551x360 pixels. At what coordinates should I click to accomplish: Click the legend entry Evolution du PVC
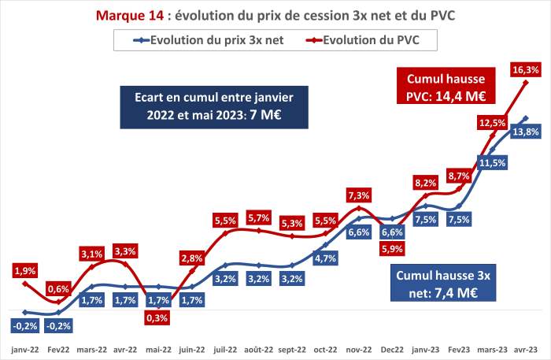click(363, 40)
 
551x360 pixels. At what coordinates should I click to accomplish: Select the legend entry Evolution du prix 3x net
click(209, 40)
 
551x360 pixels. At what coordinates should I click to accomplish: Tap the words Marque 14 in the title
click(130, 16)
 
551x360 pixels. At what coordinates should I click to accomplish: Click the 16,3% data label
click(525, 70)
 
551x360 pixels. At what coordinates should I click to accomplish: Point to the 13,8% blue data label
click(525, 132)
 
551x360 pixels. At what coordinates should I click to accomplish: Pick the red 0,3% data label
click(157, 317)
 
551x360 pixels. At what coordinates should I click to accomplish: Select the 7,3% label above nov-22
click(358, 195)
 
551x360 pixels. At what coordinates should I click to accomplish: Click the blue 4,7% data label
click(325, 258)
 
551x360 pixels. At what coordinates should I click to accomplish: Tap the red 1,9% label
click(25, 271)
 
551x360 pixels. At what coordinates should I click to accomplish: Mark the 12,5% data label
click(492, 123)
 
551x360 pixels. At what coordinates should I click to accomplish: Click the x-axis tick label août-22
click(259, 350)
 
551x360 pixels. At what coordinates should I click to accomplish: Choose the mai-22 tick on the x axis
click(158, 350)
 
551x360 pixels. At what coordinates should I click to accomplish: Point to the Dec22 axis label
click(392, 350)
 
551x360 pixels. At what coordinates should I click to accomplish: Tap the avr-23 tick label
click(526, 350)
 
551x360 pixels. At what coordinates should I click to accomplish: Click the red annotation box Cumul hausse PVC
click(446, 86)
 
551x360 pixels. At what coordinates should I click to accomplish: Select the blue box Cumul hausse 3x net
click(443, 283)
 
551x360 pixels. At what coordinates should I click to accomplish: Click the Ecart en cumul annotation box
click(214, 107)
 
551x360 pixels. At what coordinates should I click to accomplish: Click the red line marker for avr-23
click(526, 82)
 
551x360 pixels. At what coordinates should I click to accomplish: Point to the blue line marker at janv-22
click(25, 312)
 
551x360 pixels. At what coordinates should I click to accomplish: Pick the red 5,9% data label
click(392, 249)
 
